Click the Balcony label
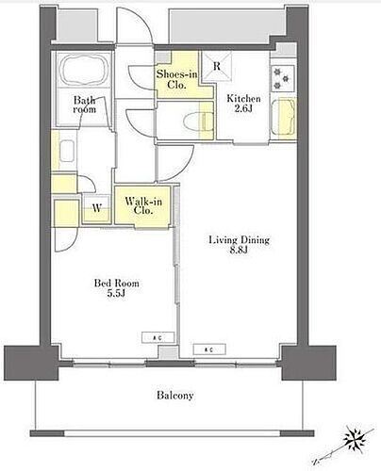(175, 395)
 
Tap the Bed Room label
(117, 283)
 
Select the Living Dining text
(240, 240)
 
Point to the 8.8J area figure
(240, 251)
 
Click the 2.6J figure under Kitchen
(243, 108)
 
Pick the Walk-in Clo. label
(143, 205)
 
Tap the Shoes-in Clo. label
(177, 79)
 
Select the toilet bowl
(196, 121)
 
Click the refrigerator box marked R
(217, 67)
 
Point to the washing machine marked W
(96, 208)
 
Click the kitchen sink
(284, 117)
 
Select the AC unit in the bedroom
(157, 337)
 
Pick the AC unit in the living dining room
(209, 349)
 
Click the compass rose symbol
(355, 437)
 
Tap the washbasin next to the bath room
(67, 151)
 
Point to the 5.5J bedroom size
(117, 294)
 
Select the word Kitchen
(243, 99)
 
